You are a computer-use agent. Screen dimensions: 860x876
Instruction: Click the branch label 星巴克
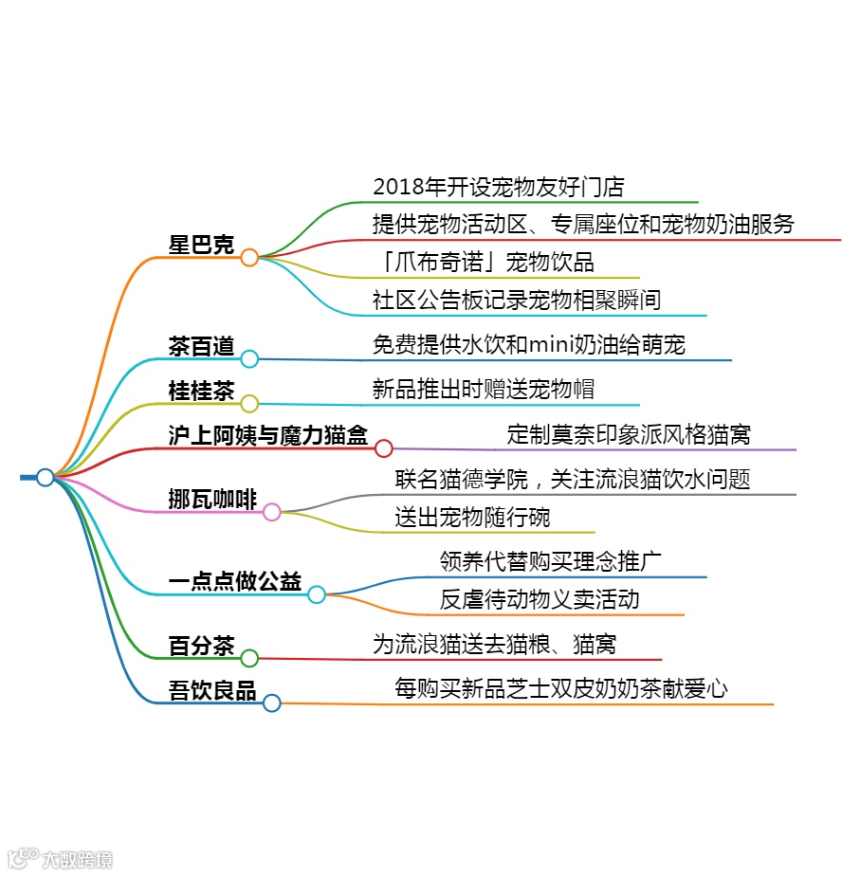pyautogui.click(x=201, y=244)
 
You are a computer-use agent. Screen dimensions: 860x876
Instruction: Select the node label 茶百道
pyautogui.click(x=201, y=346)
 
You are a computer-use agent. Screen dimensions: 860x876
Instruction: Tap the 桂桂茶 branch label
pyautogui.click(x=201, y=392)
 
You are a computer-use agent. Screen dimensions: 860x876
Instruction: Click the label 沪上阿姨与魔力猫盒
pyautogui.click(x=268, y=436)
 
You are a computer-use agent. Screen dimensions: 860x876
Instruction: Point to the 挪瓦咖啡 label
pyautogui.click(x=212, y=500)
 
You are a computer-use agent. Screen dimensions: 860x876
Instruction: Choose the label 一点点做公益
pyautogui.click(x=234, y=582)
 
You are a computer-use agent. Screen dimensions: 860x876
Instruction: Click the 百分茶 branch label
pyautogui.click(x=201, y=647)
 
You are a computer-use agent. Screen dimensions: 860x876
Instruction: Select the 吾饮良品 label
pyautogui.click(x=212, y=691)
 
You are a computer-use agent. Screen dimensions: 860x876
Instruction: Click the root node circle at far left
pyautogui.click(x=45, y=477)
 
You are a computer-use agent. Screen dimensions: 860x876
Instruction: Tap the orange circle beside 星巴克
pyautogui.click(x=249, y=257)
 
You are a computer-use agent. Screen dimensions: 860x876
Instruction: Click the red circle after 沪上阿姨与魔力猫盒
pyautogui.click(x=384, y=448)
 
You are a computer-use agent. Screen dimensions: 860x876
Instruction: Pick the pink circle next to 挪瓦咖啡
pyautogui.click(x=271, y=513)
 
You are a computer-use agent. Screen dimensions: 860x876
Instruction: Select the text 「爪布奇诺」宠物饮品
pyautogui.click(x=484, y=262)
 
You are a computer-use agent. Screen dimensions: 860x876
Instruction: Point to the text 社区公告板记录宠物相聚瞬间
pyautogui.click(x=517, y=300)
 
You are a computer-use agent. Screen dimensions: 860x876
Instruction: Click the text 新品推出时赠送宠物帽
pyautogui.click(x=484, y=389)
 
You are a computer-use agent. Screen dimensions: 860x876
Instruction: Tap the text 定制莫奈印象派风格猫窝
pyautogui.click(x=629, y=434)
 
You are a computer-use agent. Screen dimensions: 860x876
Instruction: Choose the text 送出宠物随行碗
pyautogui.click(x=472, y=518)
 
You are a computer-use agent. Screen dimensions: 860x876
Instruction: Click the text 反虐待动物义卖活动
pyautogui.click(x=540, y=599)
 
